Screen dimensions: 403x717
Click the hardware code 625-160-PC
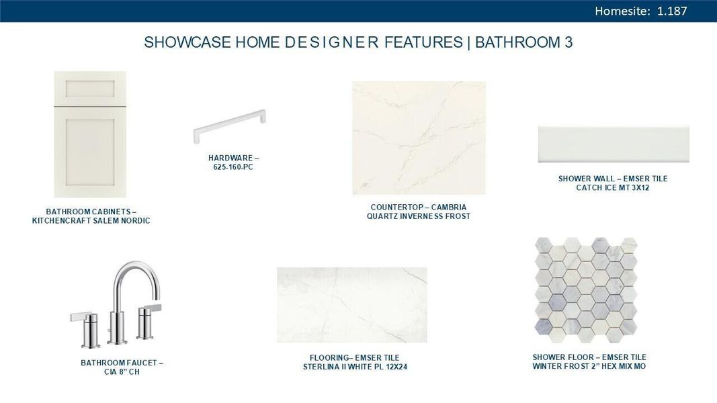[229, 167]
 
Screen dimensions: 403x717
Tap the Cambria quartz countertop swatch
[419, 138]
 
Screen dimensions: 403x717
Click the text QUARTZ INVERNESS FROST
[419, 216]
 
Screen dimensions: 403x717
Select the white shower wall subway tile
[613, 144]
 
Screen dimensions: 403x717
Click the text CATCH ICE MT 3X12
[613, 188]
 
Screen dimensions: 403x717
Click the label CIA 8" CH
[122, 372]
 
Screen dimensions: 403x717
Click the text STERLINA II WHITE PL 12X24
[355, 367]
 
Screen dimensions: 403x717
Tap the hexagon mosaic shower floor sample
[586, 287]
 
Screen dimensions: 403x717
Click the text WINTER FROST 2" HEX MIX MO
[589, 366]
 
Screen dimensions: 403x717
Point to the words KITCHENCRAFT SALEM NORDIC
[91, 221]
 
